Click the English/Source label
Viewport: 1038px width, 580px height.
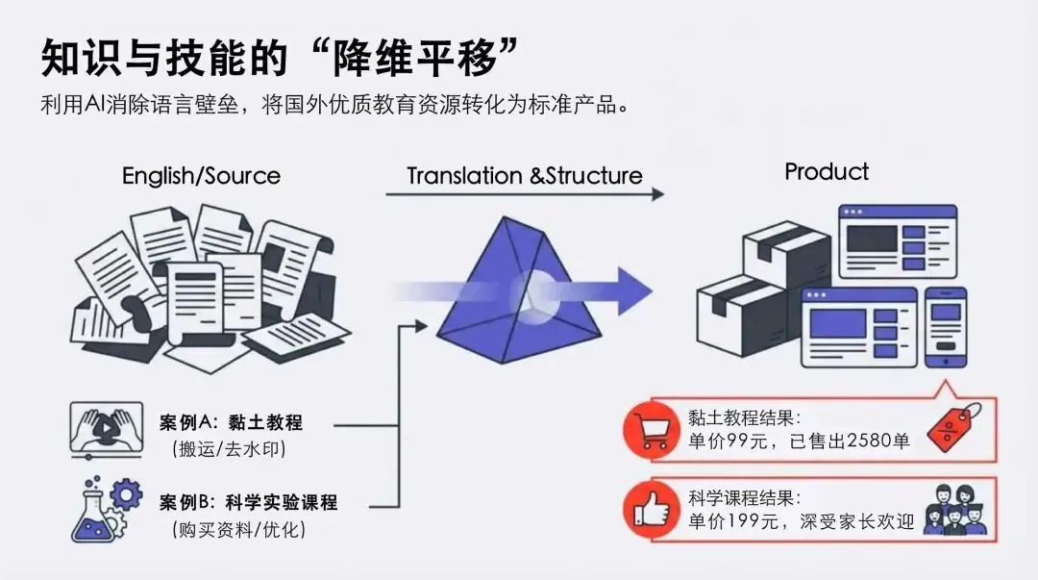click(201, 176)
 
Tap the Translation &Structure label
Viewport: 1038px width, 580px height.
click(524, 176)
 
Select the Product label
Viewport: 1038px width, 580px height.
click(827, 172)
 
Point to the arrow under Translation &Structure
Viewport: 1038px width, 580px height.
click(524, 194)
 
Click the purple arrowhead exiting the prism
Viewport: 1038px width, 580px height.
click(632, 286)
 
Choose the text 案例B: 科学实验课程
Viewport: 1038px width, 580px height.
click(248, 503)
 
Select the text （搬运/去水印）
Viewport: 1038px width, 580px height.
click(230, 449)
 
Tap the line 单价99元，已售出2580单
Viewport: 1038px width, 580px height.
click(799, 441)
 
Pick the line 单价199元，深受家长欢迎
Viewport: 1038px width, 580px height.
click(799, 522)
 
